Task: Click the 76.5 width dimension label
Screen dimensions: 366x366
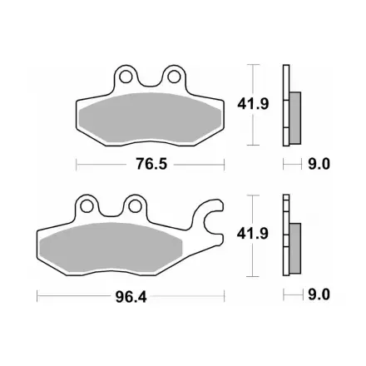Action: tap(151, 164)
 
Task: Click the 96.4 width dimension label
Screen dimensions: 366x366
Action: tap(131, 297)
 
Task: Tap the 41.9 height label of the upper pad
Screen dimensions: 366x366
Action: tap(253, 104)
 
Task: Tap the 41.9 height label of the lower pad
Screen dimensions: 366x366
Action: tap(253, 234)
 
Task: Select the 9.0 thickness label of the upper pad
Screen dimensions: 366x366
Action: tap(319, 164)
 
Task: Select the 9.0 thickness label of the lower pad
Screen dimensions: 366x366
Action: tap(319, 294)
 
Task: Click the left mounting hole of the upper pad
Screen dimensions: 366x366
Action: tap(126, 77)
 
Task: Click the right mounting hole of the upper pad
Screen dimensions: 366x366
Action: tap(174, 77)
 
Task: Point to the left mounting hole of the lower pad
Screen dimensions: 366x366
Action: tap(87, 206)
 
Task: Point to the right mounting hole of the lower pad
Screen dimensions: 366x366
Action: tap(135, 206)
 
